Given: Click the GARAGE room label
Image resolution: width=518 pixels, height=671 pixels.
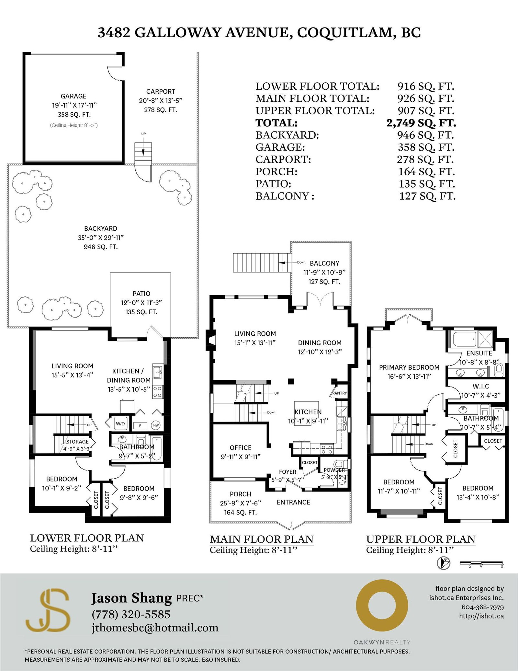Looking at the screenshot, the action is click(73, 96).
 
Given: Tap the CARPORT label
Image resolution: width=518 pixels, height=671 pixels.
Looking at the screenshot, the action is click(161, 92).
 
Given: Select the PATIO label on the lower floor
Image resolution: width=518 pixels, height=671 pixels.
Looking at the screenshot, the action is click(141, 294).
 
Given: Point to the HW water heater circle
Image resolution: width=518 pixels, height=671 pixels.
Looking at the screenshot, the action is click(156, 425).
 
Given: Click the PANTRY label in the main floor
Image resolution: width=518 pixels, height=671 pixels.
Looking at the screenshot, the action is click(340, 393).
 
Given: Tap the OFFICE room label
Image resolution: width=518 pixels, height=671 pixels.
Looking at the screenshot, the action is click(241, 448).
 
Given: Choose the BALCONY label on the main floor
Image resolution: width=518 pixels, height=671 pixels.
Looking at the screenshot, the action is click(324, 263).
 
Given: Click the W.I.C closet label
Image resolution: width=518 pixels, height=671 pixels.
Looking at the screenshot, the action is click(481, 386).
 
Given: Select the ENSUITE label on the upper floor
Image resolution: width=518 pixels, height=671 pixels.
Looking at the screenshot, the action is click(479, 353).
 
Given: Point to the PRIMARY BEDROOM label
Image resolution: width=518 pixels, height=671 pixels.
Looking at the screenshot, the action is click(409, 367).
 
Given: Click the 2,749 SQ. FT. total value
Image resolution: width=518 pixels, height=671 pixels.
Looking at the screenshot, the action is click(421, 123).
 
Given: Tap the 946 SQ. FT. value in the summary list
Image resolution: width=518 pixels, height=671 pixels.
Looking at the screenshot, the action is click(426, 135).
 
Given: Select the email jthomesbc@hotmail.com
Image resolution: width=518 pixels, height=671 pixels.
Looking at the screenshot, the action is click(155, 628).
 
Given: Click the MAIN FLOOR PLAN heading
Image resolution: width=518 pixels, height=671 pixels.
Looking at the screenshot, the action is click(262, 539).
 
